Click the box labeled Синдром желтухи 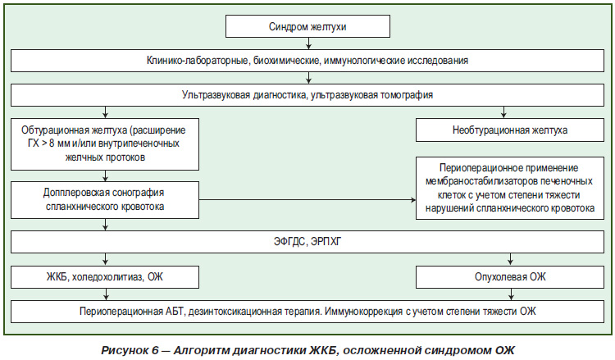point(307,26)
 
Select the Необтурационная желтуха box point(510,130)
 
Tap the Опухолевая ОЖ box point(510,277)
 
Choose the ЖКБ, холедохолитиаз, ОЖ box point(105,277)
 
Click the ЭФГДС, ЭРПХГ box point(307,242)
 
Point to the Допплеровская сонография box point(105,199)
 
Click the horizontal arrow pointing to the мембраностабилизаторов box point(307,200)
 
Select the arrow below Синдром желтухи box point(308,43)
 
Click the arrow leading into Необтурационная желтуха point(503,112)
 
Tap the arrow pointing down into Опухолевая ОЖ point(510,259)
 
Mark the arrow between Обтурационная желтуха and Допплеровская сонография point(105,175)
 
